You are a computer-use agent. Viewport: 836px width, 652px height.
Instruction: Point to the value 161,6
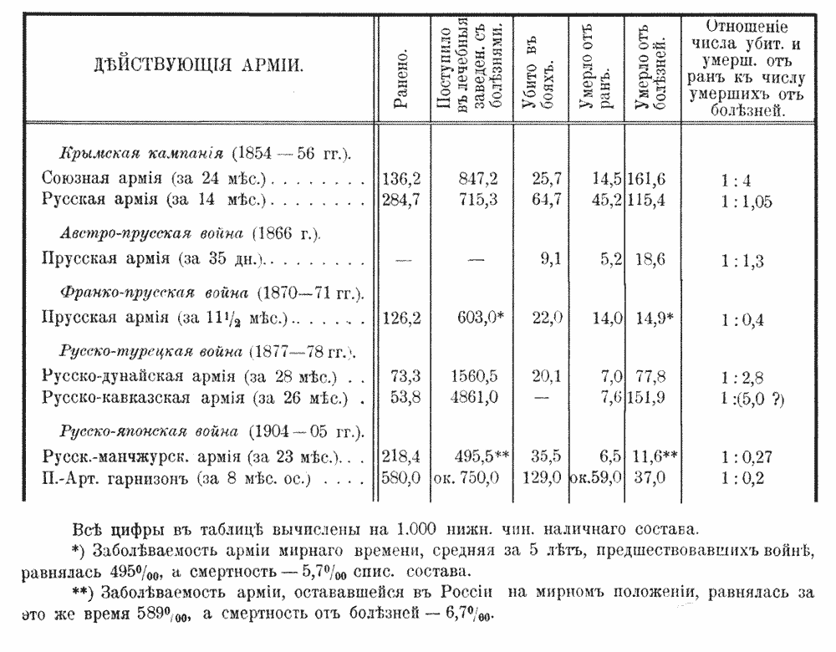[654, 179]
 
